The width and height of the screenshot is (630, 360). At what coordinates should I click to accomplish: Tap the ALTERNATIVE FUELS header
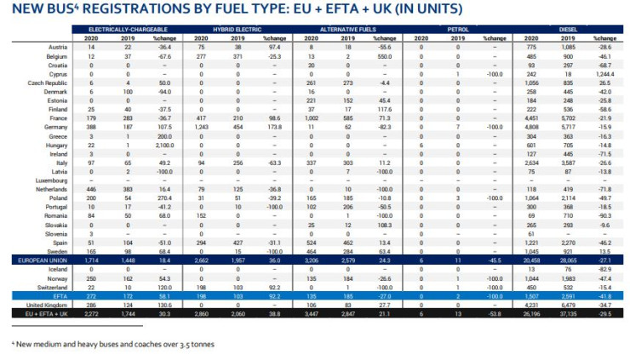[351, 29]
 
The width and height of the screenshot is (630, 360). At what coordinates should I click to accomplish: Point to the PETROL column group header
[458, 29]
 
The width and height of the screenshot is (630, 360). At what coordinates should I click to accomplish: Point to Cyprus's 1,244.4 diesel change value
[605, 76]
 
